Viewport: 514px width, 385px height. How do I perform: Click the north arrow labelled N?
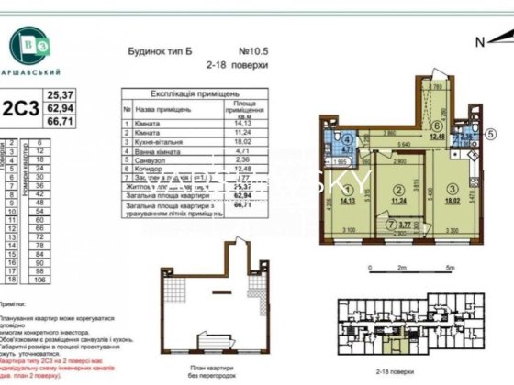480,41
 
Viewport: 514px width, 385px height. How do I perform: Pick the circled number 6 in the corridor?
438,127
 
